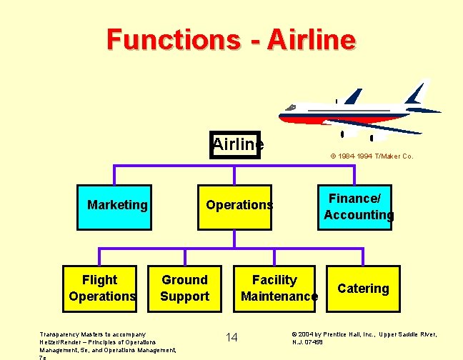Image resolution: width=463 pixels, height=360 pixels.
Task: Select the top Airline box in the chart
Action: tap(237, 144)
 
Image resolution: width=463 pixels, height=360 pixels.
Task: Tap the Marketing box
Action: tap(117, 206)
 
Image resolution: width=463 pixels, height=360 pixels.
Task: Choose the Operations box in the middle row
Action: tap(239, 206)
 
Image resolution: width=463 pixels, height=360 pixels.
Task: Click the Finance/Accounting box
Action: tap(358, 206)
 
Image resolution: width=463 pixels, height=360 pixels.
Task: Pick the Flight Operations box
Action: tap(100, 289)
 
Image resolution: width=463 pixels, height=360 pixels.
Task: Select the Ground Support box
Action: tap(184, 289)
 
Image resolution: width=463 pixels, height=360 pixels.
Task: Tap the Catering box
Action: tap(363, 289)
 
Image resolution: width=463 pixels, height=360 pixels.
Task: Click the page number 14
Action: tap(231, 337)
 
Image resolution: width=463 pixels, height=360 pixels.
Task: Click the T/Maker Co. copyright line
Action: tap(371, 156)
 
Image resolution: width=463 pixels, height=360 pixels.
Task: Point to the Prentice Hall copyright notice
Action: tap(364, 338)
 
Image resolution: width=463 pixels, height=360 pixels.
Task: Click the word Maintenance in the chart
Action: tap(279, 296)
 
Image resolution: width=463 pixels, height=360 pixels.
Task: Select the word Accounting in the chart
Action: tap(359, 215)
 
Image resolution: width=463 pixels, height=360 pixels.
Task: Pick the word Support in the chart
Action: tap(184, 296)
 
